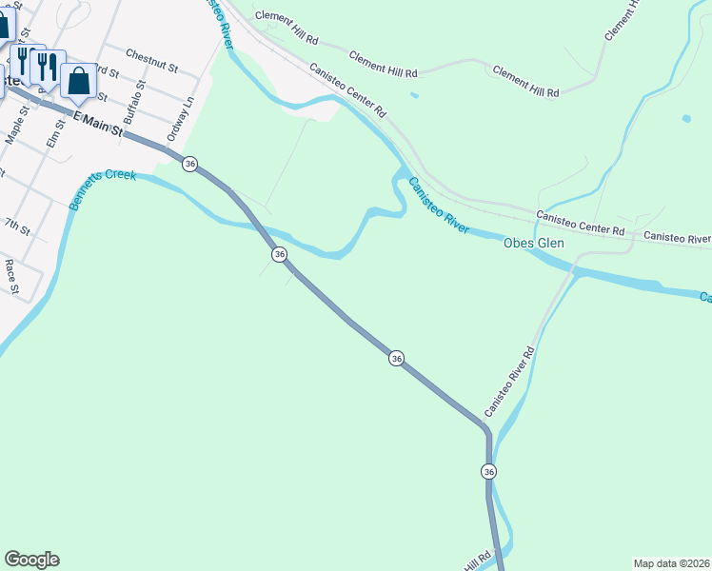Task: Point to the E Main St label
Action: click(x=99, y=123)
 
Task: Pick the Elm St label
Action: click(x=53, y=132)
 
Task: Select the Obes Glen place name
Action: click(x=533, y=244)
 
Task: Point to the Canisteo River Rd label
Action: click(x=510, y=381)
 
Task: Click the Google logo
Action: click(x=31, y=560)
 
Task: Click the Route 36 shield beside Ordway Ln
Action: click(x=190, y=165)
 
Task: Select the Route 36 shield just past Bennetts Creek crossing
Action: click(x=279, y=254)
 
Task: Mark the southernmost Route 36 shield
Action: click(x=488, y=471)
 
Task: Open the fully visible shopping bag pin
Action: click(x=79, y=81)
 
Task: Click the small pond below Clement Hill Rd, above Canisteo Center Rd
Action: click(x=413, y=95)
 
